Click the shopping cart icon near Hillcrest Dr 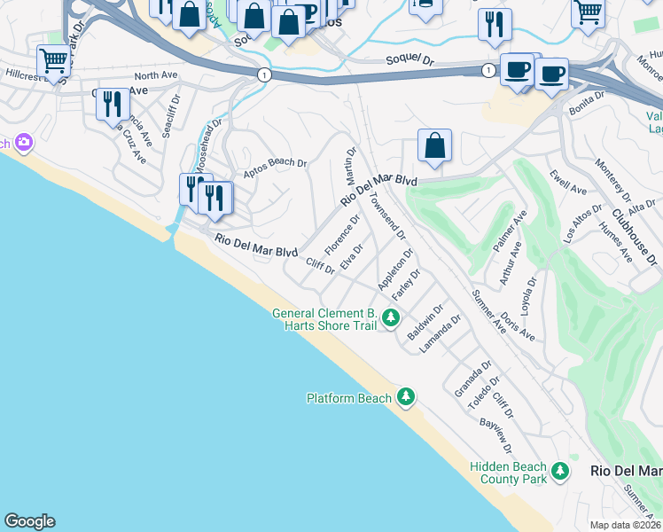[x=54, y=62]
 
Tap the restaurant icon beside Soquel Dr [x=495, y=24]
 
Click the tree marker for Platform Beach [x=406, y=396]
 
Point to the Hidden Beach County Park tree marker [x=559, y=471]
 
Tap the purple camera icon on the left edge [x=23, y=142]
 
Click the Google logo [x=29, y=521]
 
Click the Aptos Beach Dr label [x=275, y=163]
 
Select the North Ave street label [x=156, y=76]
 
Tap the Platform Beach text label [x=349, y=398]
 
